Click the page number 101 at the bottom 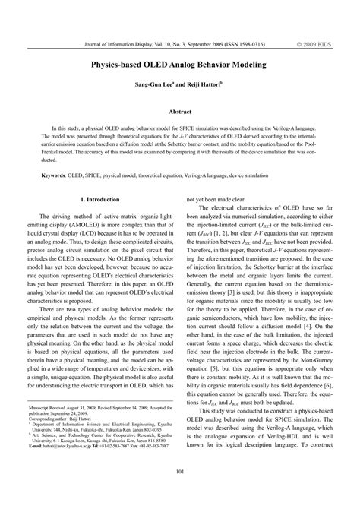tap(179, 495)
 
